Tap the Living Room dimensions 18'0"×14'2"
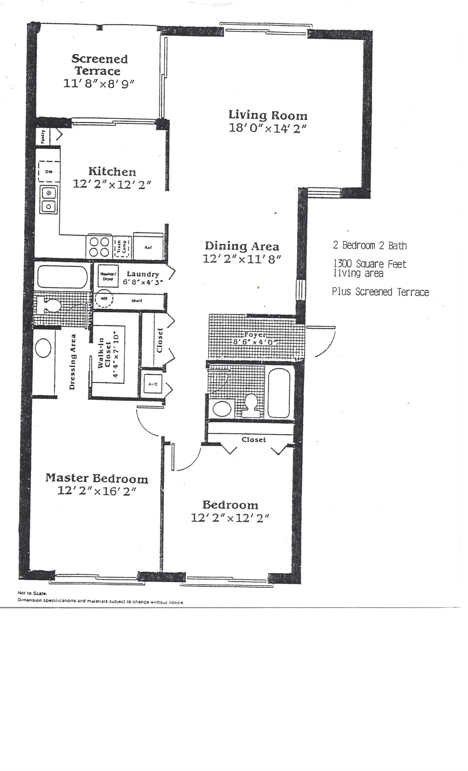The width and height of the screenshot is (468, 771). pyautogui.click(x=268, y=128)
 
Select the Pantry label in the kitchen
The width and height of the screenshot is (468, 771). pyautogui.click(x=43, y=136)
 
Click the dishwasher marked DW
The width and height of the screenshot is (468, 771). pyautogui.click(x=49, y=172)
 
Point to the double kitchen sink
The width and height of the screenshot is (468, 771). pyautogui.click(x=49, y=199)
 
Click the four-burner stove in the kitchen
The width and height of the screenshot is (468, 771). pyautogui.click(x=99, y=247)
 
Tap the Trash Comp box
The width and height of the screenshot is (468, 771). pyautogui.click(x=122, y=247)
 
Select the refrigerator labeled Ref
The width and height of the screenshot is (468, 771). pyautogui.click(x=148, y=247)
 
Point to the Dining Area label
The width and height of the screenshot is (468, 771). pyautogui.click(x=242, y=246)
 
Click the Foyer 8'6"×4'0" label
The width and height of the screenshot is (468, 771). pyautogui.click(x=255, y=338)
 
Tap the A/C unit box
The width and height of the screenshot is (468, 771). pyautogui.click(x=151, y=384)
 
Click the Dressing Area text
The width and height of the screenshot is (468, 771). pyautogui.click(x=72, y=361)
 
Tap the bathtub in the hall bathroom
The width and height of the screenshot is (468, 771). pyautogui.click(x=279, y=393)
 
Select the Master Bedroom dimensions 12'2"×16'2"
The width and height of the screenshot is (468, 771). pyautogui.click(x=97, y=491)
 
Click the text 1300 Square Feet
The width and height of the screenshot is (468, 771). pyautogui.click(x=369, y=264)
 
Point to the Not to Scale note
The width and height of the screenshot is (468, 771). pyautogui.click(x=32, y=593)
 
